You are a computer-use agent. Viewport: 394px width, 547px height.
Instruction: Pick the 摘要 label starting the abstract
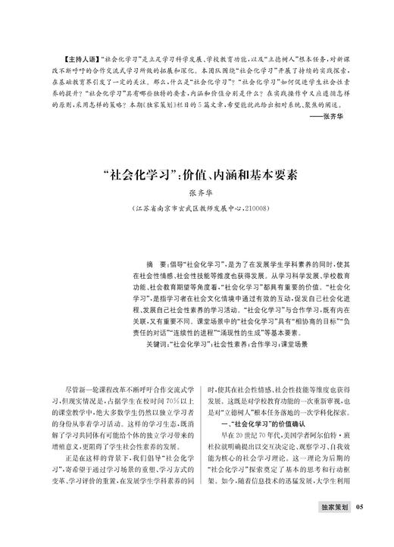pyautogui.click(x=158, y=258)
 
